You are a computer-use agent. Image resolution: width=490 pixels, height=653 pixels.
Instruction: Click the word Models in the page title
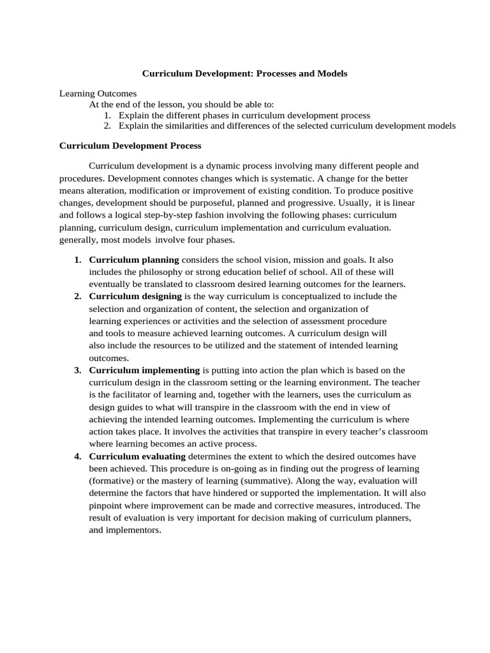[x=331, y=74]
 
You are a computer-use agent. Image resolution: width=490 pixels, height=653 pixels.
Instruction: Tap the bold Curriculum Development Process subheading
[x=130, y=146]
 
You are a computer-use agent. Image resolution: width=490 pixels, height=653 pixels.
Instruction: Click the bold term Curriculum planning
[x=134, y=260]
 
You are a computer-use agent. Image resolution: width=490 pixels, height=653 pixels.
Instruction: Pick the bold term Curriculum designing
[x=136, y=297]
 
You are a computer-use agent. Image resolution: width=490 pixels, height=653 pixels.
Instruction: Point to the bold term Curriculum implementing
[x=144, y=370]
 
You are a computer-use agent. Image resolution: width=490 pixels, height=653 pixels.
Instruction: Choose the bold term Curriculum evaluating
[x=137, y=457]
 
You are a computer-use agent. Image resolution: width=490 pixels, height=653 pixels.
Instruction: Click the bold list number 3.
[x=77, y=370]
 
